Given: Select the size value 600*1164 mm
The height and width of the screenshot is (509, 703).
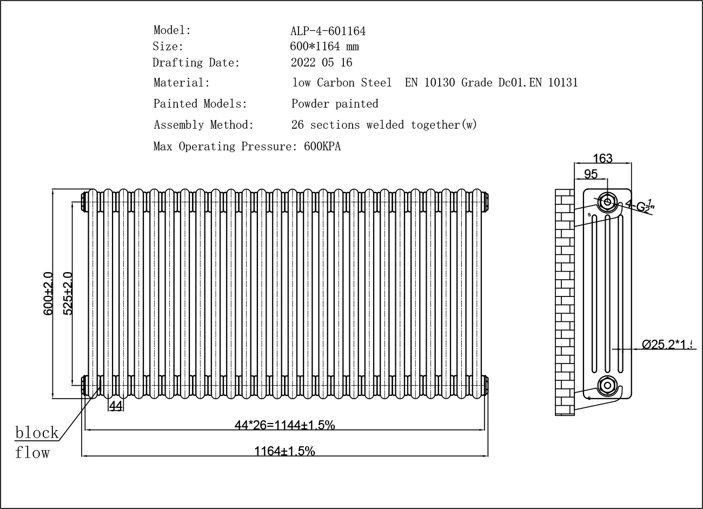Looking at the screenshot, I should tap(324, 47).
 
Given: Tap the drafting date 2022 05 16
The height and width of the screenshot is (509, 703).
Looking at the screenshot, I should tap(321, 63).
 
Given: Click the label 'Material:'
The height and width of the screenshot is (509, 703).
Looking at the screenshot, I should tap(181, 83).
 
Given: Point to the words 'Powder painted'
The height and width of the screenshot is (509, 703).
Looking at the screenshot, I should tap(334, 104).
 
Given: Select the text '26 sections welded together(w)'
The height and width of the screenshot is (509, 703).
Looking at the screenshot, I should tap(383, 125).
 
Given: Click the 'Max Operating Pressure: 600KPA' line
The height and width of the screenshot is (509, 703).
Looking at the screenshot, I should tap(247, 147).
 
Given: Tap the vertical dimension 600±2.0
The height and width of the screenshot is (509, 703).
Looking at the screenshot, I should tap(48, 294).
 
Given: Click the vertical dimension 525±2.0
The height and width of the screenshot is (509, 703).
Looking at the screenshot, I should tap(68, 294).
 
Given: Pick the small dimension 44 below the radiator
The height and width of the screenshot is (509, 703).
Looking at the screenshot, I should tap(116, 406).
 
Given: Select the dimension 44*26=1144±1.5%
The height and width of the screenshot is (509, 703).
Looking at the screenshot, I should tap(284, 425).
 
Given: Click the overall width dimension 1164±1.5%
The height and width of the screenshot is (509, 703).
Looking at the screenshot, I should tap(284, 451).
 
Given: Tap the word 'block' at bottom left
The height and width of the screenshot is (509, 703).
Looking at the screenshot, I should tap(37, 433).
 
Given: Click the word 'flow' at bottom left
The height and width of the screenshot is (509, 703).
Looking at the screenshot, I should tap(32, 452).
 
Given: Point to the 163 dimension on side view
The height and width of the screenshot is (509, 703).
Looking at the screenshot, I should tap(602, 158).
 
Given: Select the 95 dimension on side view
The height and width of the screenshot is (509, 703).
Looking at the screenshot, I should tap(591, 174).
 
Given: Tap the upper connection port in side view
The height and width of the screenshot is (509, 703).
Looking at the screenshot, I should tap(607, 202).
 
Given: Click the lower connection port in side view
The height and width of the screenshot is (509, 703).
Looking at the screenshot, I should tap(607, 386).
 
